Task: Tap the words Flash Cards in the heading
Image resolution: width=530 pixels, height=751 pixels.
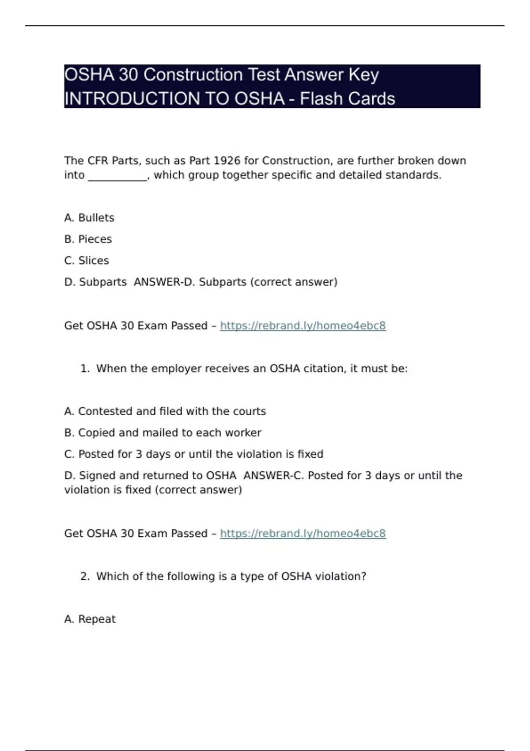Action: (347, 99)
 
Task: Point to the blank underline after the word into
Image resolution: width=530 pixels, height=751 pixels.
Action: (117, 176)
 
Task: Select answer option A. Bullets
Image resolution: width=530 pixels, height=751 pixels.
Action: (89, 218)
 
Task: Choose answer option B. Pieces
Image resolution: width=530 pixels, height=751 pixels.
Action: (88, 239)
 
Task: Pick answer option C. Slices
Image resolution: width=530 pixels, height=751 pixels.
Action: (87, 261)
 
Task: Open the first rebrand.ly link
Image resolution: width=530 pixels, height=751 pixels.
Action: (303, 326)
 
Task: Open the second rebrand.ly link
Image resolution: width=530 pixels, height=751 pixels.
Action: (303, 533)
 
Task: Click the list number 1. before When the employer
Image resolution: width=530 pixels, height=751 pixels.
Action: (85, 368)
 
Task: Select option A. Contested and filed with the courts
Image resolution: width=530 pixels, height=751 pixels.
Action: (165, 411)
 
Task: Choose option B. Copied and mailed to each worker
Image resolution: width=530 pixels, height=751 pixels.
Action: (163, 432)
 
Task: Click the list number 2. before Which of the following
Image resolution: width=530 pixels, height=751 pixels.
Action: (85, 576)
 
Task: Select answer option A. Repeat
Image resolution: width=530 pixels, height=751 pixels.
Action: (90, 619)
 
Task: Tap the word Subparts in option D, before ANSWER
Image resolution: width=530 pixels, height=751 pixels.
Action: (103, 282)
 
